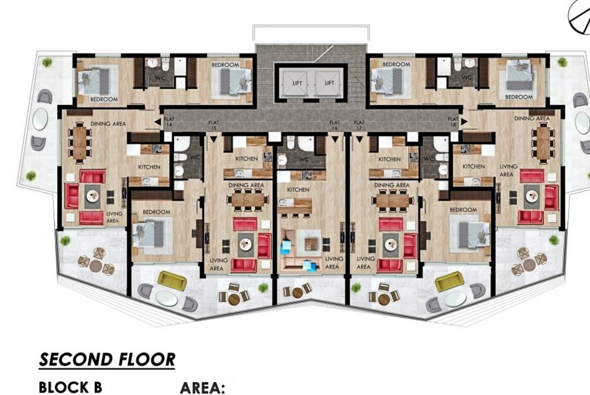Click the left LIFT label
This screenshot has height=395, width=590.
297,83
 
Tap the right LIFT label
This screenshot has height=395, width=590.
330,83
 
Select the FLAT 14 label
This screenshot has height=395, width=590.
169,122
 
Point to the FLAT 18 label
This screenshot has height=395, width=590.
453,122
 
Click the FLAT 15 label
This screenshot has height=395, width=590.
213,125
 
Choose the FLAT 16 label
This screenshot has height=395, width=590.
334,125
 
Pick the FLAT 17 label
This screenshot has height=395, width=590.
359,125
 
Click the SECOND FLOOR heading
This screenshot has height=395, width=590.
107,360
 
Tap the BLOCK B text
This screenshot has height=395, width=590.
70,387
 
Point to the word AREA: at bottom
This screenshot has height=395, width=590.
203,388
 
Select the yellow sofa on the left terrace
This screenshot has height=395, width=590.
172,281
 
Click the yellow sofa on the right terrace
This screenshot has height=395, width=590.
449,281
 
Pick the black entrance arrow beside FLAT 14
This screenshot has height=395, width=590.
158,121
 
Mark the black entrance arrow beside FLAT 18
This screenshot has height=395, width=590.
464,121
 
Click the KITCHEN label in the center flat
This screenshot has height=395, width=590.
298,190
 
